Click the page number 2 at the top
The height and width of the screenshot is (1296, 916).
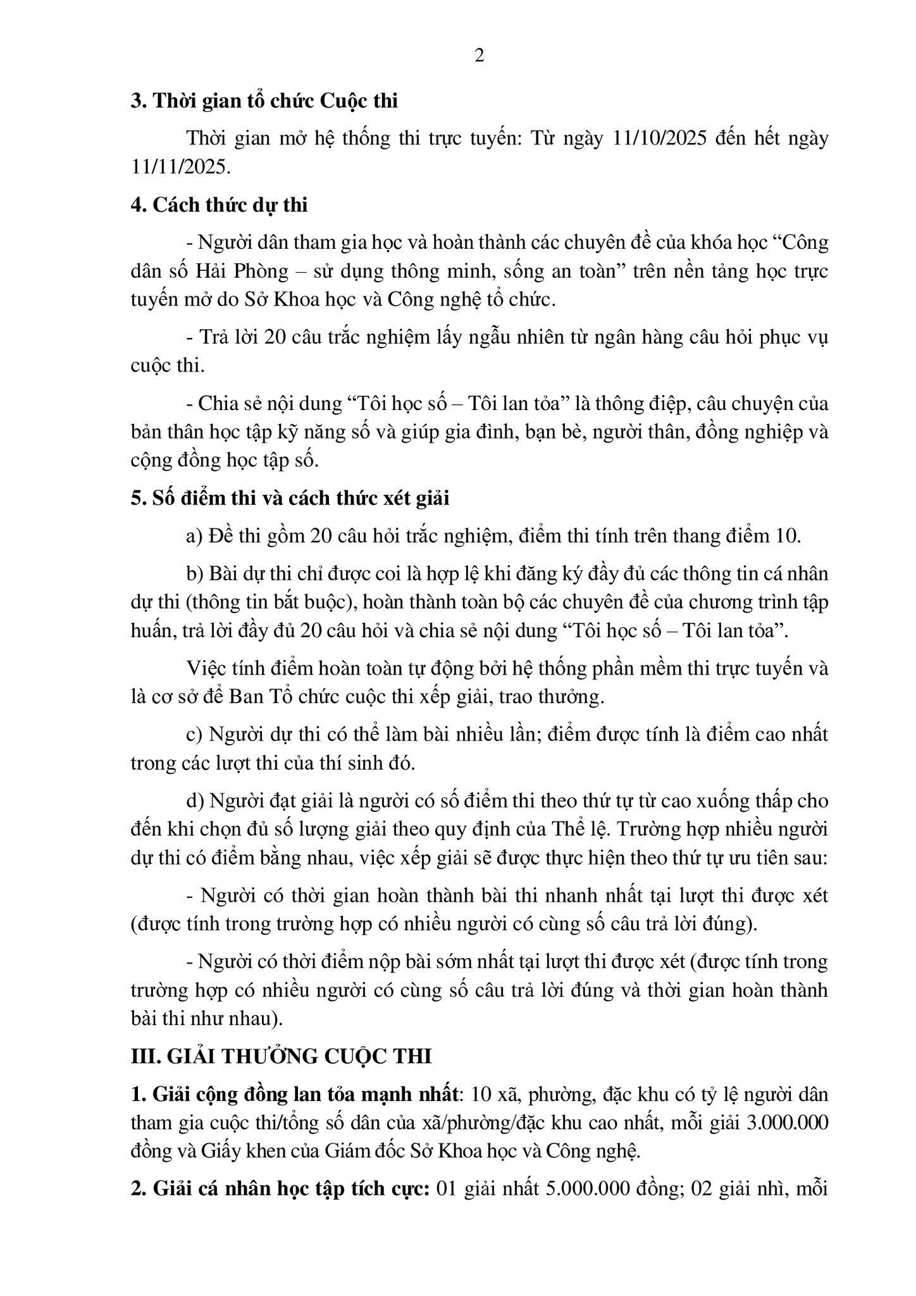pos(479,56)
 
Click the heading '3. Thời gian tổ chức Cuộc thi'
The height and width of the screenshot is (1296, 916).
pos(264,101)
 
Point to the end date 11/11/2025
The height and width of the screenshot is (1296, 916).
pos(178,167)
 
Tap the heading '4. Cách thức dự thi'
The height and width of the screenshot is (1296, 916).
pos(219,205)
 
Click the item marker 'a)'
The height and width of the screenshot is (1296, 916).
pos(194,536)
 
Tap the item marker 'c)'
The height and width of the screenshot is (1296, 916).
pos(194,735)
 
